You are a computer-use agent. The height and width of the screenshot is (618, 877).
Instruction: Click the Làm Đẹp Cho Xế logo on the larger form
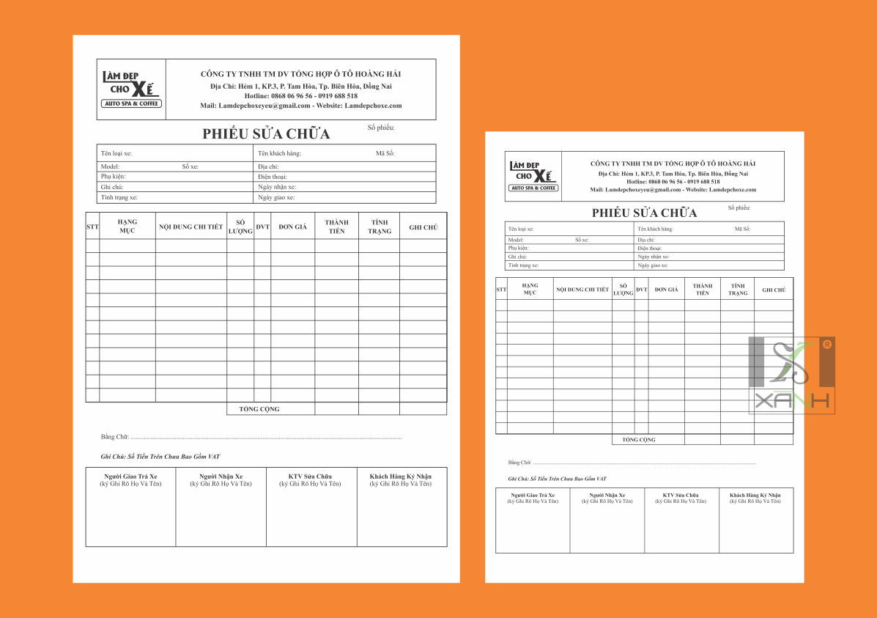coord(131,89)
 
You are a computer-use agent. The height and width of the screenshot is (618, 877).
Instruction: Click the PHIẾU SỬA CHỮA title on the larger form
coord(266,133)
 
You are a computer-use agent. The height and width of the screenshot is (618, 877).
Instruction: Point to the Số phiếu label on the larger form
coord(381,128)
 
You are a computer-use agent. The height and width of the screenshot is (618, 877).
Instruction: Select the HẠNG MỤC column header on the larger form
coord(127,226)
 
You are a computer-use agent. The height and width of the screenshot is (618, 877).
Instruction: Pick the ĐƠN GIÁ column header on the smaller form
coord(666,290)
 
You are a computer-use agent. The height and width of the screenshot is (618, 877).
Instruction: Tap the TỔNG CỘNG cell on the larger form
coord(259,409)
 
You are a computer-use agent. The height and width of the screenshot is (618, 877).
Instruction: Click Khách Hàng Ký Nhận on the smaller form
coord(755,496)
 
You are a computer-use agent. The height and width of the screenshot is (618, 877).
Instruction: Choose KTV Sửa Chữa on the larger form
coord(311,477)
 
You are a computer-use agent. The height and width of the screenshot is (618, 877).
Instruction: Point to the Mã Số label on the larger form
coord(385,153)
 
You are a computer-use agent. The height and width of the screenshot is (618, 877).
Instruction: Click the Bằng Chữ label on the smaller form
coord(519,463)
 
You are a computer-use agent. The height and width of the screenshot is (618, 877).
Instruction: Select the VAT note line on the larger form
coord(160,457)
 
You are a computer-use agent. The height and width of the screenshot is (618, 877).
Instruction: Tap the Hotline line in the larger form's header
coord(301,96)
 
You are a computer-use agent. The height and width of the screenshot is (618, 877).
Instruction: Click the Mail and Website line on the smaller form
coord(673,190)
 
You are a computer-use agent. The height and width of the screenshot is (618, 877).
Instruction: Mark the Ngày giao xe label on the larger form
coord(276,197)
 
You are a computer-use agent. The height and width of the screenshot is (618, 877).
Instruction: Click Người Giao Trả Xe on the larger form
coord(130,477)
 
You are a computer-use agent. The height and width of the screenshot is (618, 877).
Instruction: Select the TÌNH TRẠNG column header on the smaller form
coord(738,290)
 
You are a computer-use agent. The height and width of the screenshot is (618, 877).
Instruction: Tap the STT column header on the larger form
coord(92,227)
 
